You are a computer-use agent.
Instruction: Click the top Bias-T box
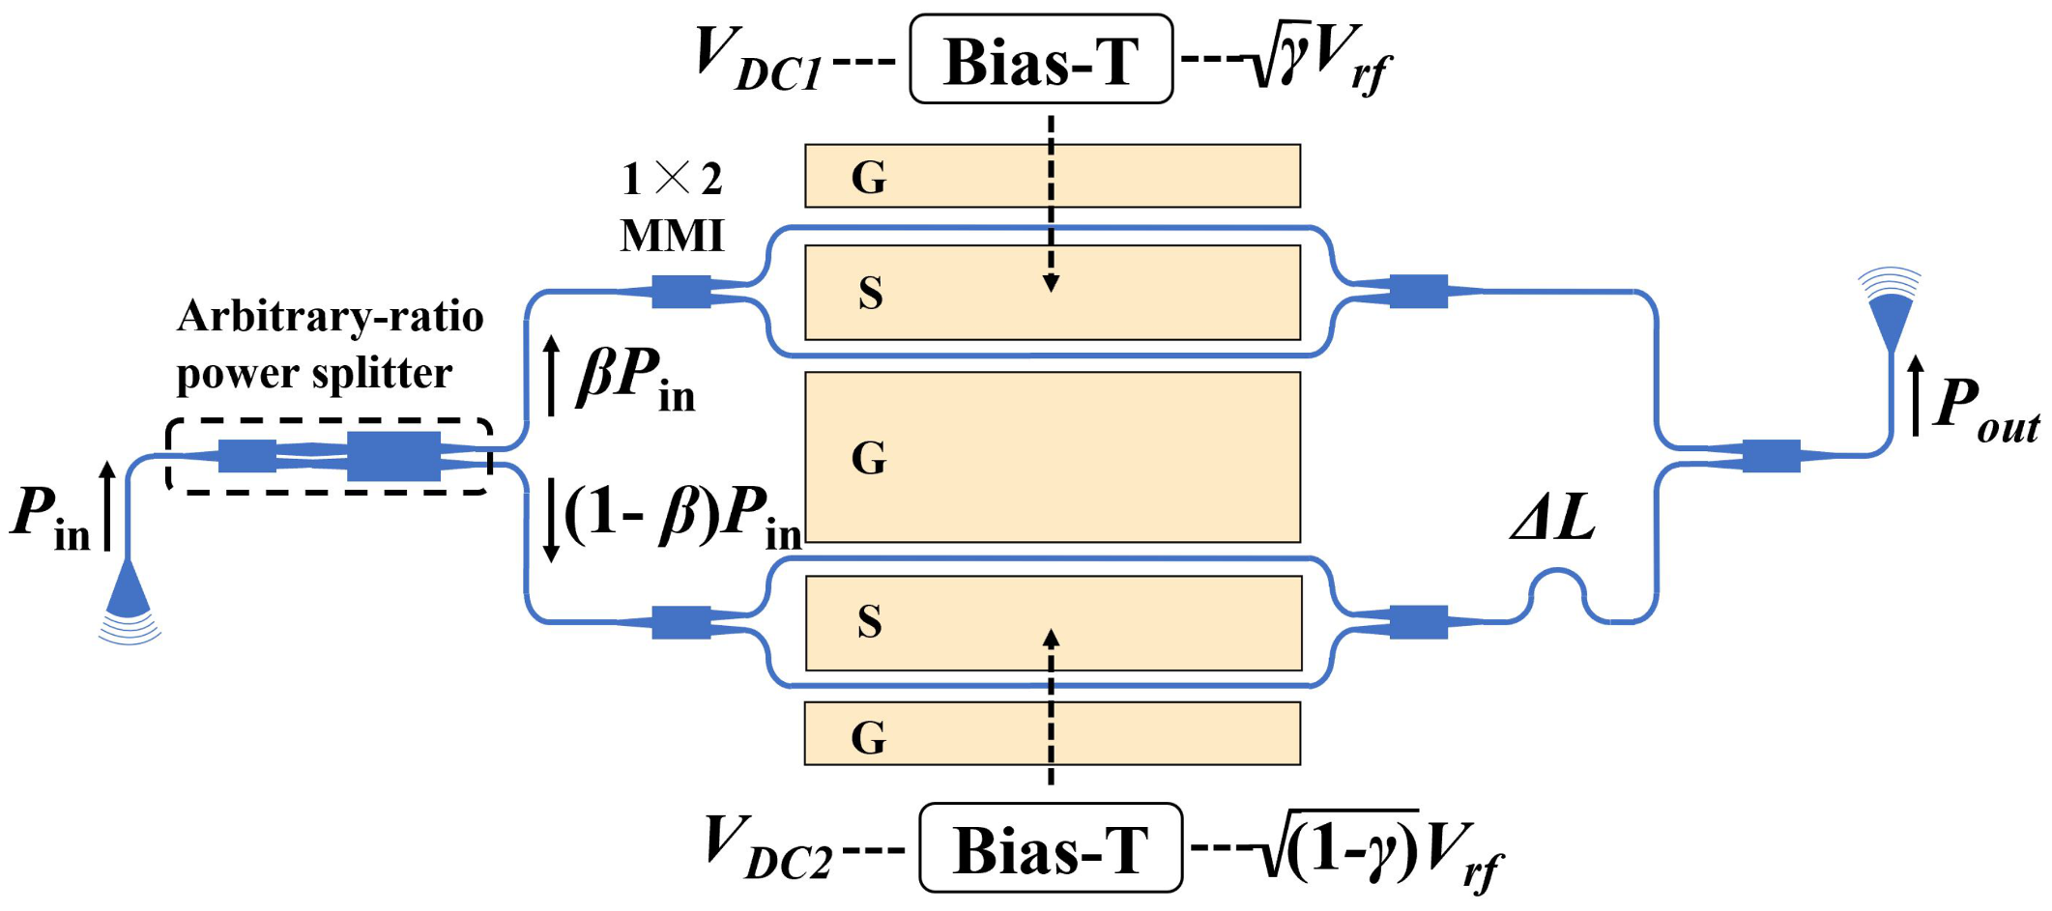tap(1041, 60)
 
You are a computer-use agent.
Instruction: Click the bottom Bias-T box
tap(1051, 848)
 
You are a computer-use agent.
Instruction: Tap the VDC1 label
tap(759, 60)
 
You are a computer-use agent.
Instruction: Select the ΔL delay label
tap(1552, 518)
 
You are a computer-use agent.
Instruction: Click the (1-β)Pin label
tap(682, 516)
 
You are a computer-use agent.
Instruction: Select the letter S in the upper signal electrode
tap(870, 293)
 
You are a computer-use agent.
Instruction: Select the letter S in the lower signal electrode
tap(869, 622)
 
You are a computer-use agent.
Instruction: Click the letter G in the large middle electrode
tap(868, 458)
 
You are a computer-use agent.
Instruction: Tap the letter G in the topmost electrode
tap(868, 178)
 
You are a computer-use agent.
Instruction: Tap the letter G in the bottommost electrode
tap(868, 738)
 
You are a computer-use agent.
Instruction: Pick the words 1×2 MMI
tap(672, 207)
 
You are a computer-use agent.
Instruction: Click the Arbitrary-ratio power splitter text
tap(329, 344)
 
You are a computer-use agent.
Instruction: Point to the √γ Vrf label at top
tap(1320, 62)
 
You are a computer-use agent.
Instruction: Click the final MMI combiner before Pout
tap(1771, 455)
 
